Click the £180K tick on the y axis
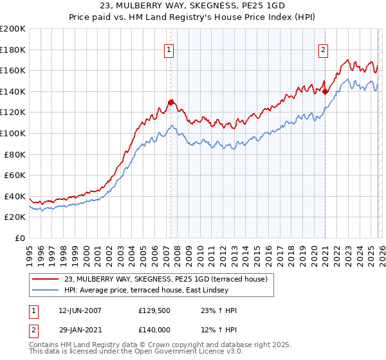coord(13,50)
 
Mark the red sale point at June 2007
coord(170,102)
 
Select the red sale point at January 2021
coord(325,91)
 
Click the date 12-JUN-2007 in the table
coord(78,311)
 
